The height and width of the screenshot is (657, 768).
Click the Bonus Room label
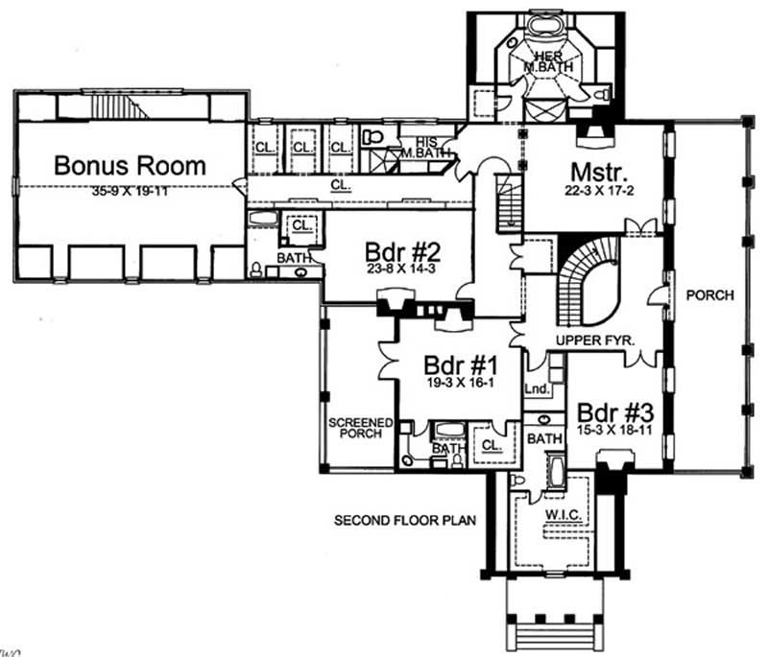130,165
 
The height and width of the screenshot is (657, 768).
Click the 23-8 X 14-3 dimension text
401,270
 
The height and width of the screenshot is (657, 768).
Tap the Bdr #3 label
615,411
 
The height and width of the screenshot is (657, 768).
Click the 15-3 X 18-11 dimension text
615,431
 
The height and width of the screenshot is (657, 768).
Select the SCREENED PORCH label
357,427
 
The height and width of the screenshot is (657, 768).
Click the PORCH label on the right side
709,295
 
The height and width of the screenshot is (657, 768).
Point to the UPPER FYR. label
591,340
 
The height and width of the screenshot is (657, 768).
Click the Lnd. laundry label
536,388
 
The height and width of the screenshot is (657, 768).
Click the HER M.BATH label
546,60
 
